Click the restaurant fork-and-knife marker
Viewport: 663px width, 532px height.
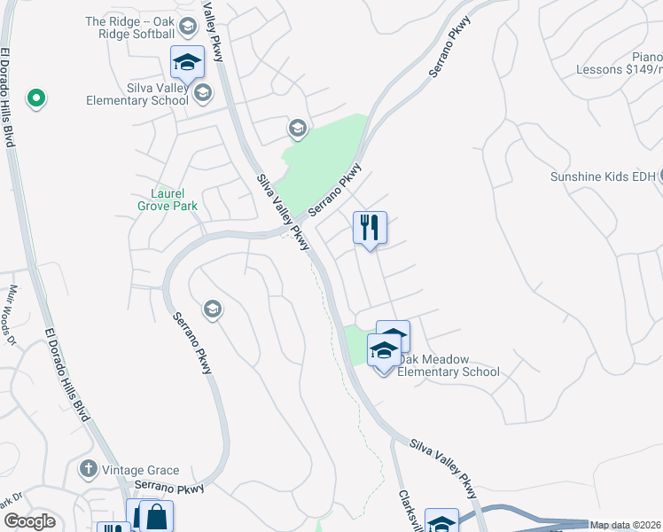[x=370, y=228]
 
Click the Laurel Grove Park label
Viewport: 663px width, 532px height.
[x=167, y=199]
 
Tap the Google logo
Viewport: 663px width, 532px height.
[x=29, y=521]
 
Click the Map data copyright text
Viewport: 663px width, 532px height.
[x=626, y=525]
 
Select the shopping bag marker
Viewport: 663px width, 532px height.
[x=156, y=516]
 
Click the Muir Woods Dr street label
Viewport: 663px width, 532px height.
[x=12, y=316]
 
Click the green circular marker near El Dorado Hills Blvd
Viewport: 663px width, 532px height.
[x=35, y=98]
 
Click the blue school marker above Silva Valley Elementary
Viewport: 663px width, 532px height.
[x=187, y=62]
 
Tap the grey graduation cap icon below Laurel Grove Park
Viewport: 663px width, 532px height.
[x=212, y=309]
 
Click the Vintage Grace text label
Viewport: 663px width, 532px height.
[x=140, y=471]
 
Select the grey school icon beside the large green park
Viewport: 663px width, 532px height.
[x=297, y=129]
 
